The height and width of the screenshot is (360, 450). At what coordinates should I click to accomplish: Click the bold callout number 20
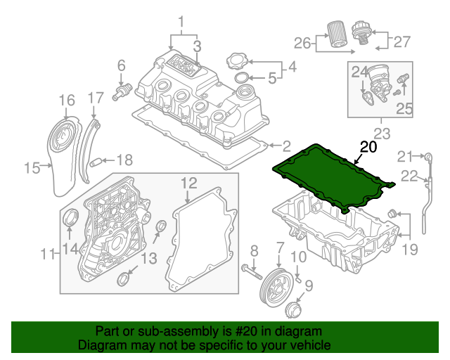tap(368, 148)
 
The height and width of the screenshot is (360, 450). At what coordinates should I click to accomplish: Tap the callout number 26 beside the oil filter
tap(302, 44)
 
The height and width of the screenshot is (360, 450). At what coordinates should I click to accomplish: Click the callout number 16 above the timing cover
tap(66, 101)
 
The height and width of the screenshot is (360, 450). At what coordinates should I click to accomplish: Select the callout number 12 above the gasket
tap(188, 184)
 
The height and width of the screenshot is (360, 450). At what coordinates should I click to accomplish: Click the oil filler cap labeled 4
tap(239, 62)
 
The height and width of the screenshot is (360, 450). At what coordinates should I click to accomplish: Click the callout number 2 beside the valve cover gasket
tap(286, 146)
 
